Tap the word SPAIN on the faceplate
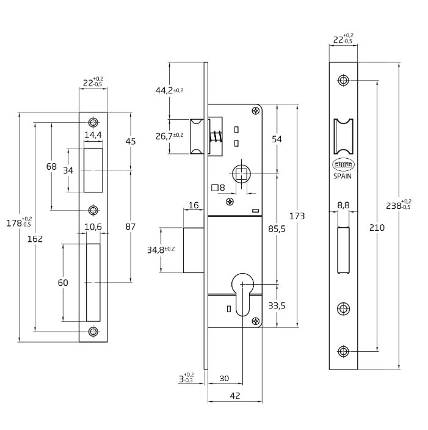(x=343, y=175)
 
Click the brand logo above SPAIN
(x=343, y=164)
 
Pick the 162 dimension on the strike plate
(x=35, y=239)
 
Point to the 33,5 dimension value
(x=277, y=306)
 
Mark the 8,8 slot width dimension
(x=343, y=206)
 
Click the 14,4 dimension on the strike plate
(x=93, y=134)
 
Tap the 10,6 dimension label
(x=93, y=228)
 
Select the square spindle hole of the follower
(x=241, y=173)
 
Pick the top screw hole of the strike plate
(x=93, y=121)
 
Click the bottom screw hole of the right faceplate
(x=343, y=351)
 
